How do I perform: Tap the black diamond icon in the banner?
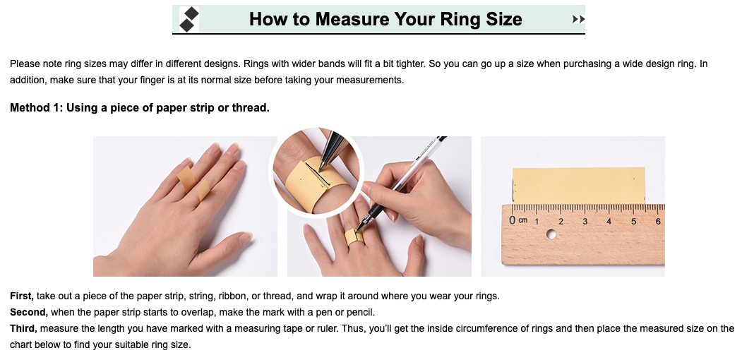[x=189, y=20]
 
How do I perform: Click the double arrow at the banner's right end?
[x=578, y=20]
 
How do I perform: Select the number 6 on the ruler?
[x=658, y=221]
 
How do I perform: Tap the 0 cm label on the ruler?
[x=517, y=220]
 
